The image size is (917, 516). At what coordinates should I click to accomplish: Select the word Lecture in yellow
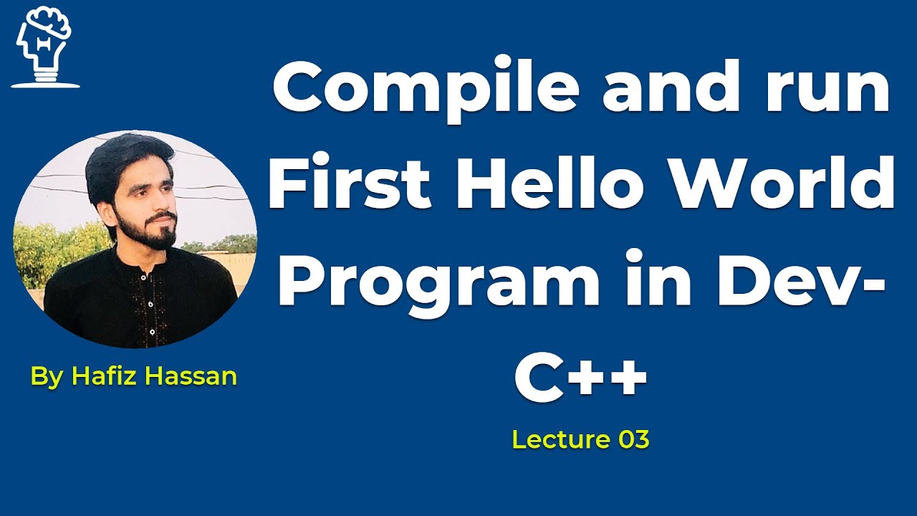[561, 439]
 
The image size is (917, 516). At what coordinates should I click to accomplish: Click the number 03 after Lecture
[634, 439]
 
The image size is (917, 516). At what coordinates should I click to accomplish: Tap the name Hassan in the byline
[191, 376]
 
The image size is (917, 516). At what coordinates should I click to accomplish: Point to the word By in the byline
[47, 378]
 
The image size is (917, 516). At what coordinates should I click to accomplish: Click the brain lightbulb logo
[44, 47]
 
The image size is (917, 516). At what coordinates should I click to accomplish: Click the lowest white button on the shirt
[153, 332]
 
